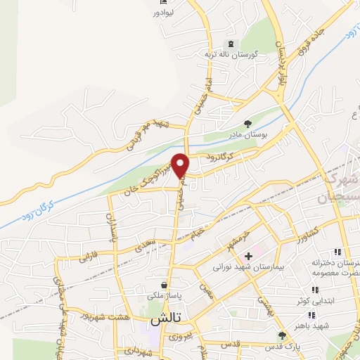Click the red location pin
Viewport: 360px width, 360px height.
tap(181, 165)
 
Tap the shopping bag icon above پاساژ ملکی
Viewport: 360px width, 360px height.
tap(164, 285)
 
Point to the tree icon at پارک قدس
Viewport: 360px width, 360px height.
tap(282, 335)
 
